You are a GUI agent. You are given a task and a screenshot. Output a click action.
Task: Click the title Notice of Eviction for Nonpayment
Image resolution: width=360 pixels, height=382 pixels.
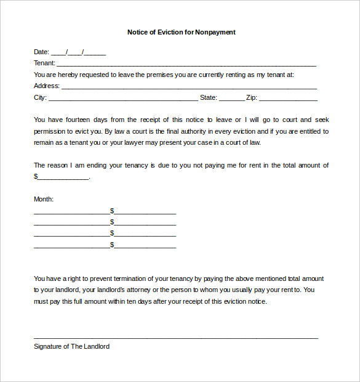tap(181, 32)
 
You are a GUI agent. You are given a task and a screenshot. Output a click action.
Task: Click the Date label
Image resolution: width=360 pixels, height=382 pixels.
tap(41, 52)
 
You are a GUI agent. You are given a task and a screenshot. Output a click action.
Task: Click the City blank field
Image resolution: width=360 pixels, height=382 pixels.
tap(123, 98)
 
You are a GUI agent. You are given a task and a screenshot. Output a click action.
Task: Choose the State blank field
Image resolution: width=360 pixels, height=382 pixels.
tap(231, 98)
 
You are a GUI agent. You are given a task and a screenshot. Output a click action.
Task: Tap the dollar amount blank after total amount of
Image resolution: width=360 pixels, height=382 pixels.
tap(63, 177)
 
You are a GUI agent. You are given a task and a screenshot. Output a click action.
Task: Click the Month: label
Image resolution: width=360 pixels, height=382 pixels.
tap(44, 199)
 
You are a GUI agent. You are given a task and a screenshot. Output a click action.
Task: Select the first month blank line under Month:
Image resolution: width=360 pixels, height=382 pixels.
tap(71, 213)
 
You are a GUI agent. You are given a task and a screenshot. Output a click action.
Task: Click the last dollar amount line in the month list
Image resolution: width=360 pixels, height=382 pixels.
tap(145, 246)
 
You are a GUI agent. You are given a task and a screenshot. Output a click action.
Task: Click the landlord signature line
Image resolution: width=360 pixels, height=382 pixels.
tap(176, 337)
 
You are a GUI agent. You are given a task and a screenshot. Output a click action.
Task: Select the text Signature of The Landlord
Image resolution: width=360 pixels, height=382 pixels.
tap(71, 346)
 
